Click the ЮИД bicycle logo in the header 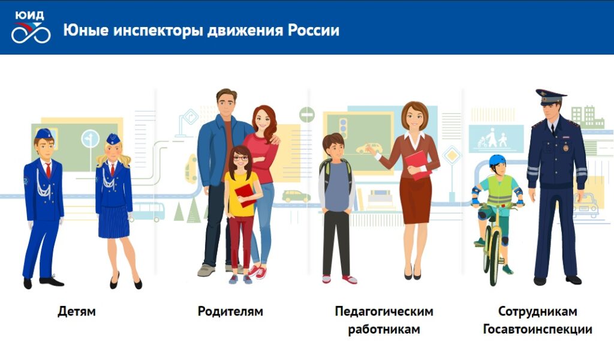31,28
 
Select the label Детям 77,311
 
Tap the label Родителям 230,311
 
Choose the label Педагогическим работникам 384,320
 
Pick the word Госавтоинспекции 537,329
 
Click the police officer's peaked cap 550,95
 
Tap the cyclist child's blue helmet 497,160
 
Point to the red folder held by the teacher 417,163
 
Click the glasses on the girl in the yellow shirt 240,158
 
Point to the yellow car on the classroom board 369,148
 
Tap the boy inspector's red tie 48,169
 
